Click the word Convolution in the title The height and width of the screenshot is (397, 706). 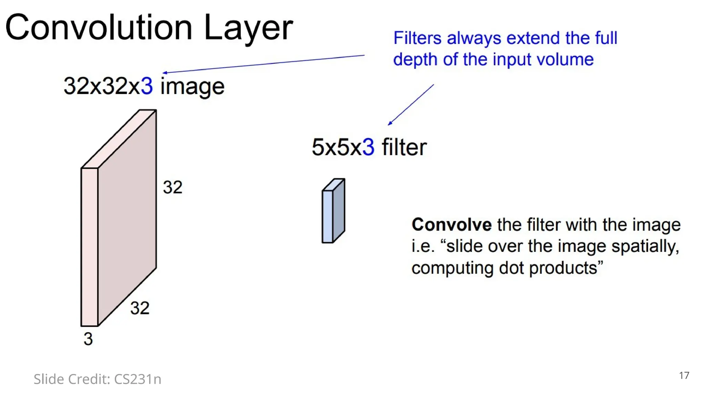(x=99, y=28)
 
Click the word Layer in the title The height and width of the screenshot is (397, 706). (x=248, y=28)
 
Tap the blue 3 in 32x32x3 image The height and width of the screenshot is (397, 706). (x=147, y=86)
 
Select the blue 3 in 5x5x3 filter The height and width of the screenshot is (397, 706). (x=368, y=147)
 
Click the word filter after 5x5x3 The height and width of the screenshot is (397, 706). (x=404, y=147)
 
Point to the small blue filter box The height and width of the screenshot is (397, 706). (x=333, y=211)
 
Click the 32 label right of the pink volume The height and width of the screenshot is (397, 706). (x=172, y=187)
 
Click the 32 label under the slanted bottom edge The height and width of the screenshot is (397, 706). (x=140, y=308)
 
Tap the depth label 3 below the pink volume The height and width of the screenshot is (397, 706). (x=88, y=339)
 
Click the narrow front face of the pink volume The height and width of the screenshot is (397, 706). (x=89, y=247)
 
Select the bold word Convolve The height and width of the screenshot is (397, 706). (x=452, y=225)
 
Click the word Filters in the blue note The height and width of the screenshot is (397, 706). (x=417, y=38)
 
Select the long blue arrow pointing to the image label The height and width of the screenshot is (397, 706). (x=264, y=64)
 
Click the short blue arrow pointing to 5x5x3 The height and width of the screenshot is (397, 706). (x=411, y=104)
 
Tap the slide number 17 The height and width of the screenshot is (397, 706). (x=684, y=376)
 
